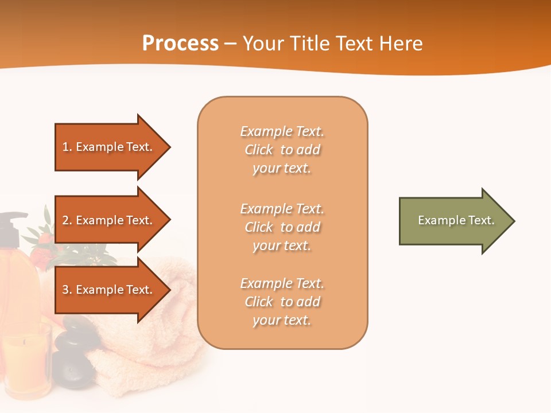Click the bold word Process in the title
(x=180, y=44)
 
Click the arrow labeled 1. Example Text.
(x=109, y=147)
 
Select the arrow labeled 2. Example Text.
(x=109, y=220)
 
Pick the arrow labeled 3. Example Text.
(x=109, y=290)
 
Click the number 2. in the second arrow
(x=67, y=220)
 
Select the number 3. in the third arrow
(x=67, y=290)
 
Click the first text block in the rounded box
(x=282, y=150)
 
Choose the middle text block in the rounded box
(x=282, y=227)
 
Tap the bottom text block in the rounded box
(x=282, y=302)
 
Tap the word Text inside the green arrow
(x=482, y=220)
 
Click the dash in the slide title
(x=231, y=44)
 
